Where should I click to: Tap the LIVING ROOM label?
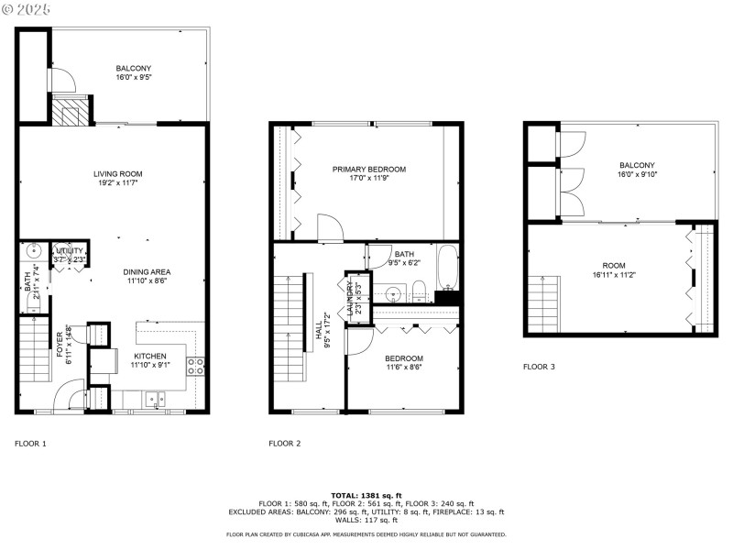tap(117, 173)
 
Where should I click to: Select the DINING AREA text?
tap(147, 272)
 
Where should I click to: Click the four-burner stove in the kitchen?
tap(195, 366)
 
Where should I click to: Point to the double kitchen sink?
tap(154, 399)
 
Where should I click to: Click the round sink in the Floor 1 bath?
tap(34, 249)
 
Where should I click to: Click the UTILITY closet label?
tap(70, 250)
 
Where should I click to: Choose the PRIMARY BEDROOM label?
tap(368, 170)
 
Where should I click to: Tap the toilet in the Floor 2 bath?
tap(419, 292)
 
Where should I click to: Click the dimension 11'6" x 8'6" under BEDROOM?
tap(403, 368)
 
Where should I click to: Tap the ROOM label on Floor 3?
tap(613, 265)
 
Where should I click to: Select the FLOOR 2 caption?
tap(284, 444)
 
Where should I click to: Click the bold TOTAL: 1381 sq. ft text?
tap(366, 495)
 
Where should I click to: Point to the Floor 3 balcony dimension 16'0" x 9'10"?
tap(638, 174)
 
